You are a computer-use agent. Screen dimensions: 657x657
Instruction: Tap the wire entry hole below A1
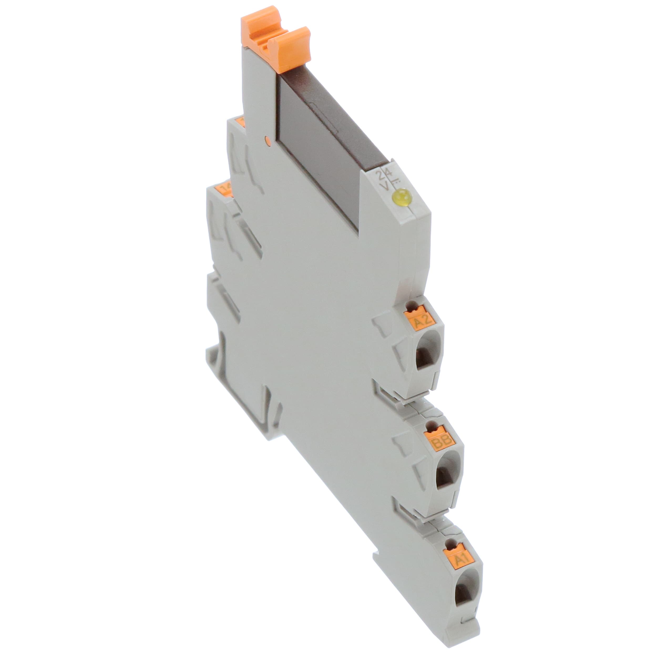click(x=463, y=594)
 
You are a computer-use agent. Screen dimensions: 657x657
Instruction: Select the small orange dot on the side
click(x=267, y=140)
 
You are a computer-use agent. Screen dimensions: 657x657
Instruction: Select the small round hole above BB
click(x=432, y=425)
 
